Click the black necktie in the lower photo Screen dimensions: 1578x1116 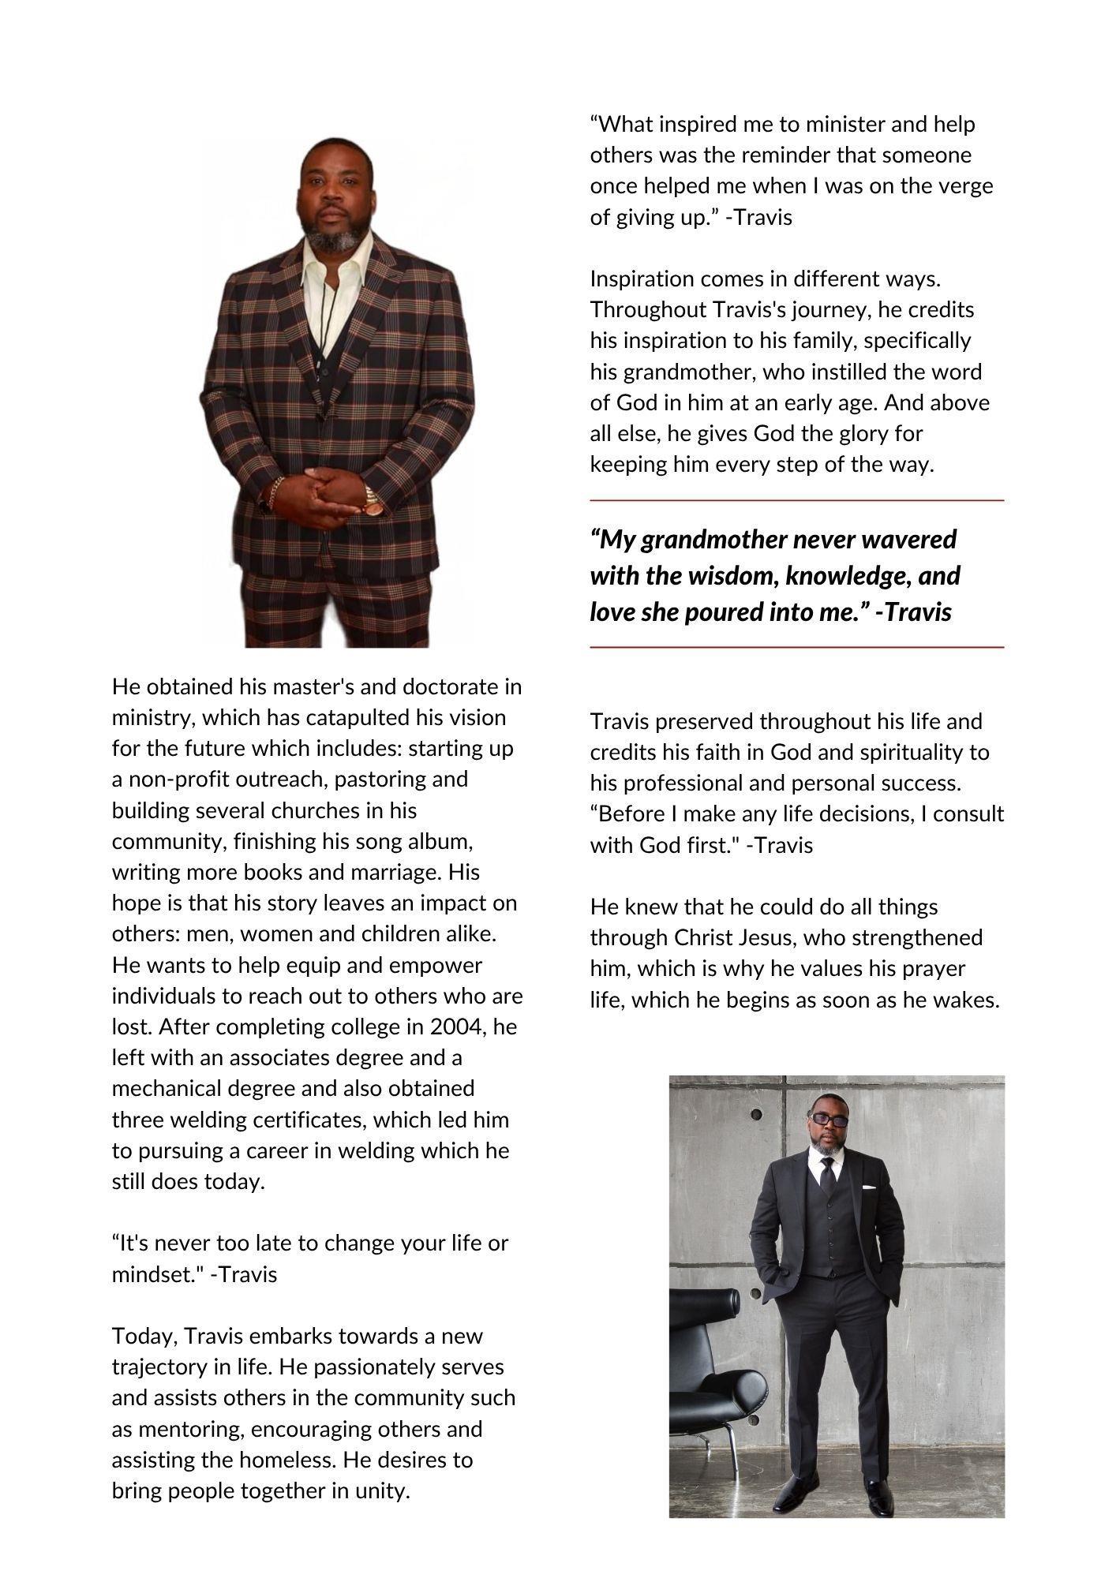(827, 1176)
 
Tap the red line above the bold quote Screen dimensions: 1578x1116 (796, 500)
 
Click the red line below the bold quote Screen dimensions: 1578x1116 (796, 647)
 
